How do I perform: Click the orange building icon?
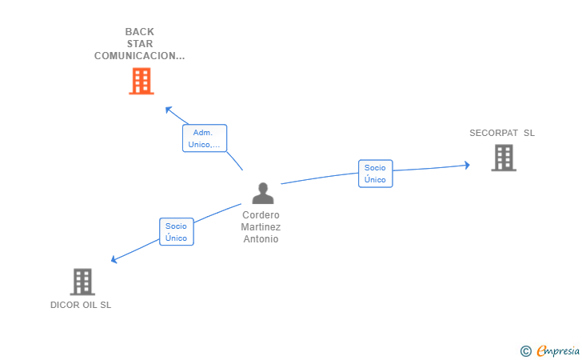point(142,81)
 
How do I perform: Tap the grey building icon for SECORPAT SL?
point(504,158)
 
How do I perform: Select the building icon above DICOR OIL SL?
point(82,282)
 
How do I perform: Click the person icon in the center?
point(263,193)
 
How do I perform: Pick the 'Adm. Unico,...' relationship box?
point(205,138)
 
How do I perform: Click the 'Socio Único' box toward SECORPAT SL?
point(375,174)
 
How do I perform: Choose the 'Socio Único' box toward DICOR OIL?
point(177,232)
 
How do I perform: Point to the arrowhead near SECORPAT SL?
point(468,165)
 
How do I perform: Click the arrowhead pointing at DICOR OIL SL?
point(114,259)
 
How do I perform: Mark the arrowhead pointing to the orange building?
point(168,110)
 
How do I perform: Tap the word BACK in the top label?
point(140,32)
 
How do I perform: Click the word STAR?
point(140,44)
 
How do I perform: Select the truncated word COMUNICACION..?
point(140,56)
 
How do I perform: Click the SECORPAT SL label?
point(502,133)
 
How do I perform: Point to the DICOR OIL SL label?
point(81,305)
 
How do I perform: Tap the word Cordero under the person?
point(261,215)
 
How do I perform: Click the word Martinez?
point(261,227)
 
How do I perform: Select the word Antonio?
point(261,239)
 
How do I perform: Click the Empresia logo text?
point(558,350)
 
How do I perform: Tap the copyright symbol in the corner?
point(525,351)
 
